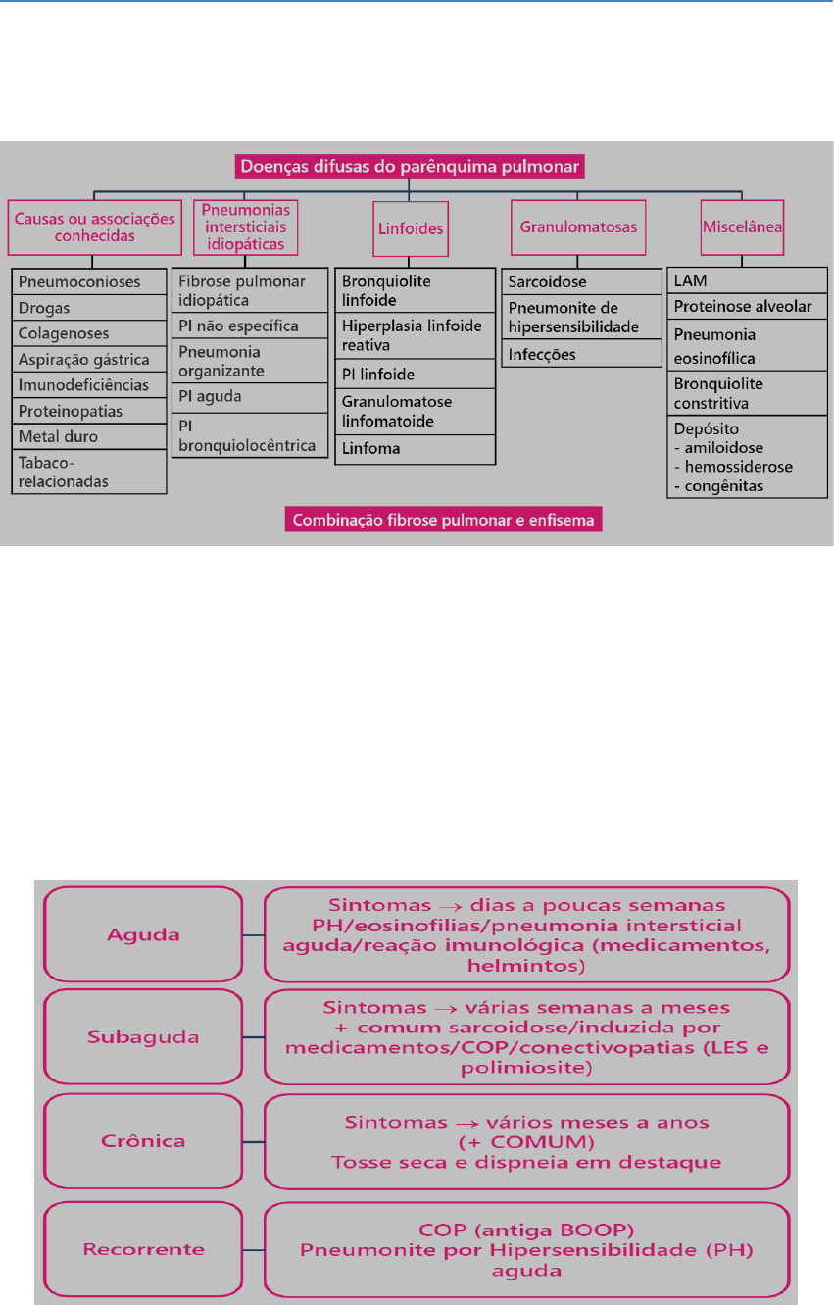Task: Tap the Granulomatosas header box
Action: point(578,226)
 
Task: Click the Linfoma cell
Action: point(414,448)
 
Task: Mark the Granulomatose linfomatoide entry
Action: point(414,411)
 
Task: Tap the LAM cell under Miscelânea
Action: point(747,281)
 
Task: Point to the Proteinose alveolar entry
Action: point(747,307)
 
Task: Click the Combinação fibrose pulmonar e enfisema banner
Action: point(445,520)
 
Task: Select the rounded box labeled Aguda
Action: point(144,934)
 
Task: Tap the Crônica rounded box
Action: point(144,1142)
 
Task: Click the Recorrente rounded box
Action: point(144,1249)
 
